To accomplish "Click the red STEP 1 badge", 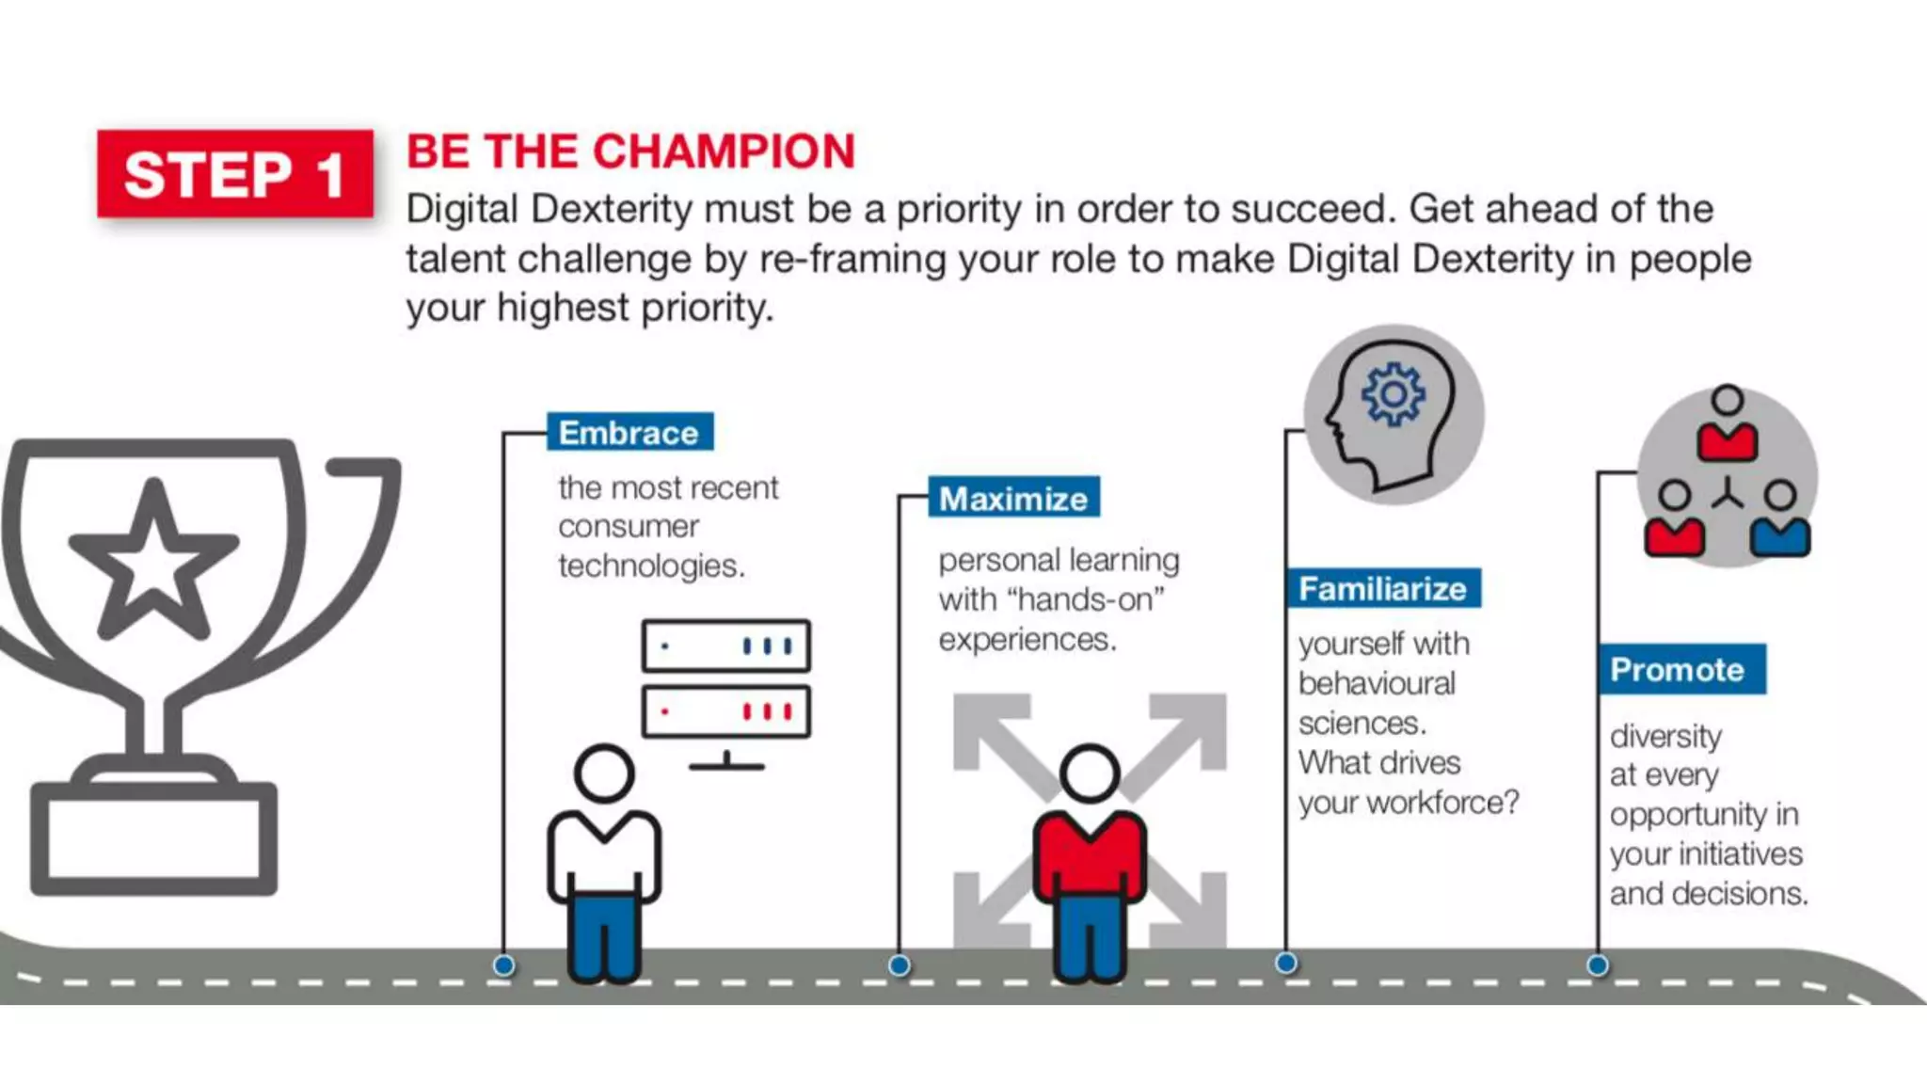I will pos(234,174).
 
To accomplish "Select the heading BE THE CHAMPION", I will pos(630,151).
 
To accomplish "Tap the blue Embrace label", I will pos(629,433).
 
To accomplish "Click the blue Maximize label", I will pos(1013,498).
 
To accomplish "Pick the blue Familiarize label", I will pos(1383,588).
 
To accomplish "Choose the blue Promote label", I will pos(1681,669).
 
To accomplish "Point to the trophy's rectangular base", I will pos(154,838).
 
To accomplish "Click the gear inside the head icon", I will pos(1393,394).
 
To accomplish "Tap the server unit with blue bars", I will pos(725,646).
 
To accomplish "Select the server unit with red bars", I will pos(725,711).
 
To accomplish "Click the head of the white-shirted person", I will pos(604,773).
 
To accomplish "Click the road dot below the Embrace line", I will pos(504,965).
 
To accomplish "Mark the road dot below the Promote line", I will pos(1598,965).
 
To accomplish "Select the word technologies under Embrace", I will pos(650,566).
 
